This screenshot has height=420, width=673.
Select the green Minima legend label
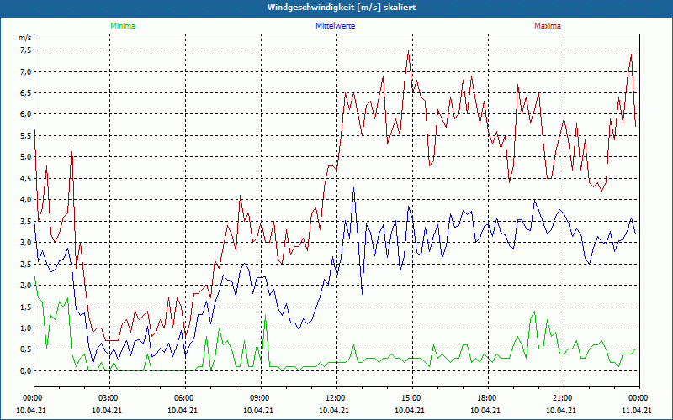[122, 26]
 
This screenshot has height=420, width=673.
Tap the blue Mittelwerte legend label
[336, 26]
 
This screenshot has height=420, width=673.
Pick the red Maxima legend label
[548, 26]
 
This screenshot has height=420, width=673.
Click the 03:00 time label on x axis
[109, 398]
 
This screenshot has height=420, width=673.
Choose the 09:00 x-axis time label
[260, 398]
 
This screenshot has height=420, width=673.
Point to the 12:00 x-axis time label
[336, 398]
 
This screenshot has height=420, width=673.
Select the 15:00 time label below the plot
[411, 398]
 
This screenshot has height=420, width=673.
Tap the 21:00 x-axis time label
[563, 398]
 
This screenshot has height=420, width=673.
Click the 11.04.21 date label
[638, 411]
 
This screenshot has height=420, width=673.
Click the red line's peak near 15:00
[408, 50]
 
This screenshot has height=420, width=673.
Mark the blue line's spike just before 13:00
[354, 187]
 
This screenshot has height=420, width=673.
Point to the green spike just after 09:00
[265, 317]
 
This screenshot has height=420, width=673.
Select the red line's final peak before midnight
[631, 55]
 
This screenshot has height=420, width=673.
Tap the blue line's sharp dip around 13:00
[363, 293]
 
